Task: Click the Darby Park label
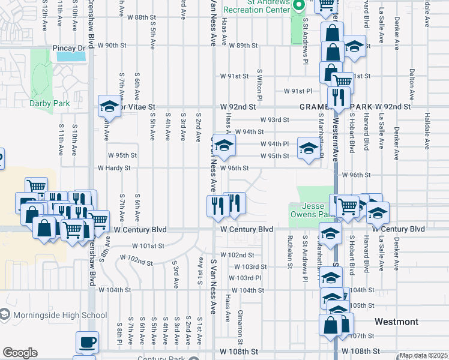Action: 49,103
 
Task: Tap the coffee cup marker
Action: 87,343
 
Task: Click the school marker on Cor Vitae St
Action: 110,106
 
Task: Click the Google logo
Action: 20,353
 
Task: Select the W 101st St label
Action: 148,246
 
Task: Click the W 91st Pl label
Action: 298,91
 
